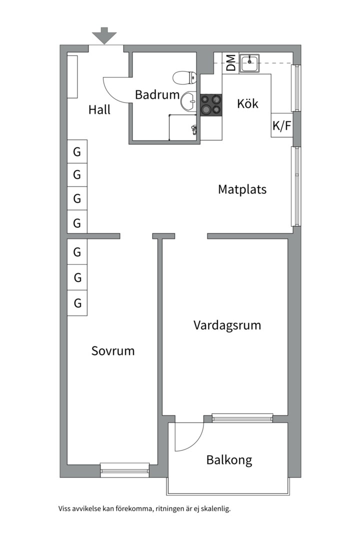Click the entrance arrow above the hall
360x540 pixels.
[104, 35]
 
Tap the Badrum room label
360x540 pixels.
[157, 94]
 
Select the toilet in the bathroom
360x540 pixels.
[184, 78]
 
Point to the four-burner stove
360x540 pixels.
[211, 104]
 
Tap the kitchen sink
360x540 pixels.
[250, 63]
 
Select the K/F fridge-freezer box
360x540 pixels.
[282, 125]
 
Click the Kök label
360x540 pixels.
[247, 103]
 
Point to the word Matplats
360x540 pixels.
[242, 189]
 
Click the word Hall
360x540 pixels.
[99, 109]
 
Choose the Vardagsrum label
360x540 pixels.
[227, 325]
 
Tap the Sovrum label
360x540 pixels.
[112, 350]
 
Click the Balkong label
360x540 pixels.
[229, 460]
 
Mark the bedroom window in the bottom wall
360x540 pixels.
[124, 470]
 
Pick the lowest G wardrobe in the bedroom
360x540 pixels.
[77, 303]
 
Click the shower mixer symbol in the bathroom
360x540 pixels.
[194, 130]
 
